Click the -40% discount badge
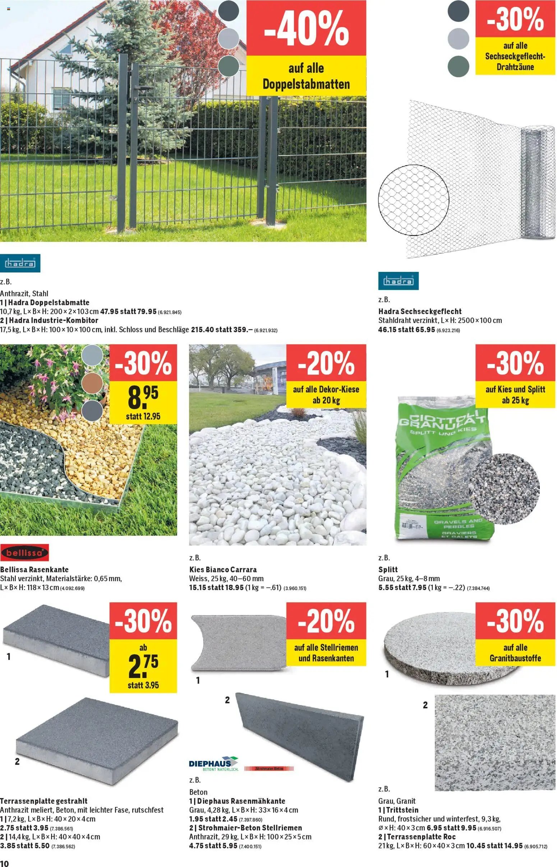click(306, 28)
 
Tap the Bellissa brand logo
click(24, 553)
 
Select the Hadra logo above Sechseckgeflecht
click(398, 281)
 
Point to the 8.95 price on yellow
click(143, 397)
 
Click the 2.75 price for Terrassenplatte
click(143, 666)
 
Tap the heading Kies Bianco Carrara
click(223, 570)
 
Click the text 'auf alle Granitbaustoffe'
click(515, 652)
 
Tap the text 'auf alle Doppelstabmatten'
click(306, 76)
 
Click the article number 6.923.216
click(448, 330)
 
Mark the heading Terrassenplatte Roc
click(416, 836)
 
